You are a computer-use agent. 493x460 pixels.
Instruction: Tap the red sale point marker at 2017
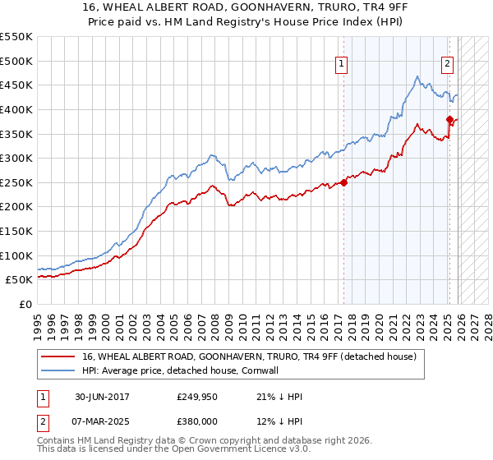click(343, 182)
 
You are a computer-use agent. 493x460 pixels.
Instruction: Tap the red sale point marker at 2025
click(449, 119)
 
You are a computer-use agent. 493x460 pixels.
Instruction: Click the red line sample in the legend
click(58, 356)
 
